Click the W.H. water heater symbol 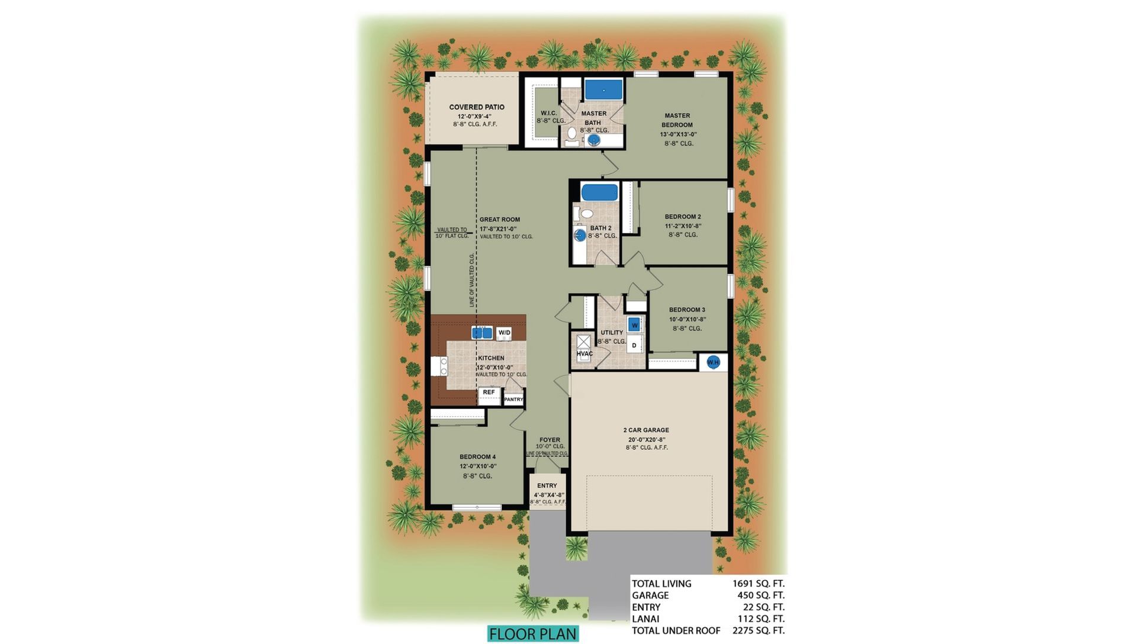[713, 362]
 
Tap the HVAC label [584, 354]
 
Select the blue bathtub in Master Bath [603, 90]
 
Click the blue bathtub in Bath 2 [599, 192]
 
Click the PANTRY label [513, 400]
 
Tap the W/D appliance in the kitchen [504, 333]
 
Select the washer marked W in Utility [635, 325]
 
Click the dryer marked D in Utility [634, 345]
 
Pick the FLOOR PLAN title [533, 634]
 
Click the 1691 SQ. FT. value [758, 584]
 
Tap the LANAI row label [645, 619]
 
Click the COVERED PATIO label [477, 107]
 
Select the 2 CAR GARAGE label [646, 430]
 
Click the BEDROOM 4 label [477, 457]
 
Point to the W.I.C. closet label [548, 113]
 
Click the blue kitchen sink [482, 333]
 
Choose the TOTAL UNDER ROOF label [676, 631]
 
